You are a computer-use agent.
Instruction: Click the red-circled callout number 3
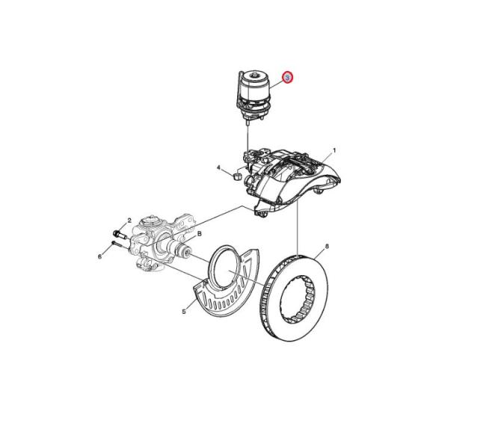click(287, 77)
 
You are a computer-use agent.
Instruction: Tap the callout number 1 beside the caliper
click(334, 150)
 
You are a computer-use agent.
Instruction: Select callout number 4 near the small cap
click(218, 167)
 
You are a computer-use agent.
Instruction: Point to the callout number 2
click(129, 220)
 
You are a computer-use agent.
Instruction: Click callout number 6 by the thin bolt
click(99, 256)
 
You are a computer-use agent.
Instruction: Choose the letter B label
click(200, 234)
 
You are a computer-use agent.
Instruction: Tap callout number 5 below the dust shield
click(184, 312)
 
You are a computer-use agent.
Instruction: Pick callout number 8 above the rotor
click(327, 246)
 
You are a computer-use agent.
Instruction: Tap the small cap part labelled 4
click(236, 176)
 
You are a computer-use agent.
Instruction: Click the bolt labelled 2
click(120, 235)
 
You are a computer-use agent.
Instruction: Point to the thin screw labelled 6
click(117, 244)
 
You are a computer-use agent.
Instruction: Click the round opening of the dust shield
click(226, 268)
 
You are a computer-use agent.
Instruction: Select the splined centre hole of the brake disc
click(298, 300)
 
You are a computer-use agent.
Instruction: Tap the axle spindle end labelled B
click(183, 250)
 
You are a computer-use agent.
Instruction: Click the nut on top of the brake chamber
click(255, 75)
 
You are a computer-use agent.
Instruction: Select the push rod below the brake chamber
click(248, 138)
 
